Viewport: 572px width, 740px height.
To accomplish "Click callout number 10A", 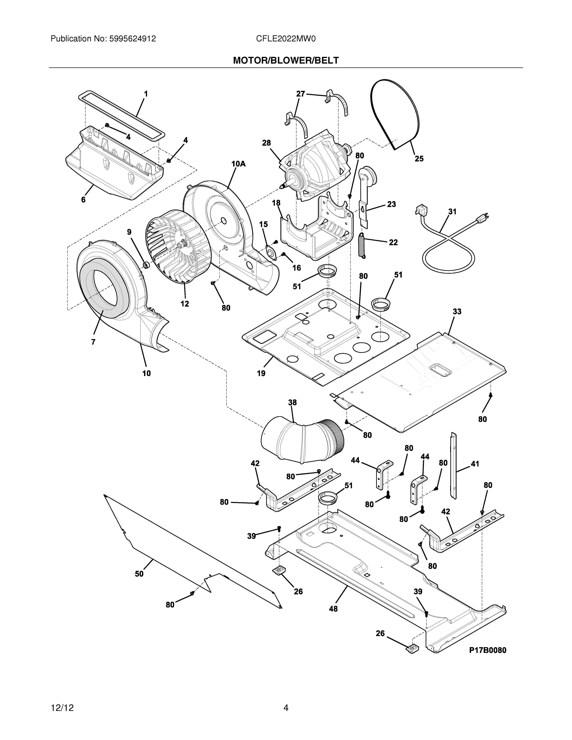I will (x=238, y=164).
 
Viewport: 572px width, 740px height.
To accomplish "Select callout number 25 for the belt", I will (x=419, y=159).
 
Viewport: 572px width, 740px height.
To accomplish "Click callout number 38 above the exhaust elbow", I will (x=292, y=402).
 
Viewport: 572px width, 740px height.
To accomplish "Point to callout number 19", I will (x=261, y=373).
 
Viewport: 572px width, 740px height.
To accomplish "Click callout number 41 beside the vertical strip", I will (x=475, y=464).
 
